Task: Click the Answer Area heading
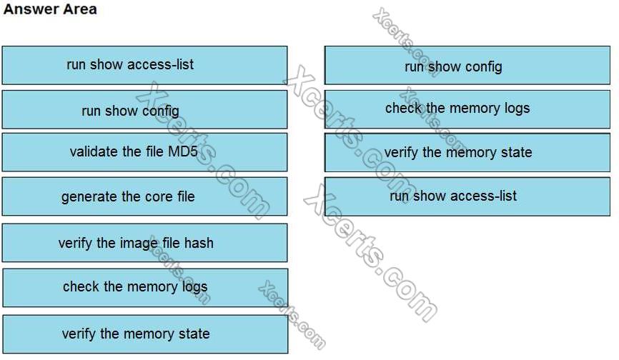point(50,10)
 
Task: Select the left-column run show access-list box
point(144,65)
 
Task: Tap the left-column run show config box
point(144,110)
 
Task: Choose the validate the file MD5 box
point(144,151)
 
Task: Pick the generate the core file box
point(144,196)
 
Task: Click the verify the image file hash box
point(144,243)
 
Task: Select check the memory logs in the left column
point(144,287)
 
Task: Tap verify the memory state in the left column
point(144,334)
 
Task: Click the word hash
point(199,243)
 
